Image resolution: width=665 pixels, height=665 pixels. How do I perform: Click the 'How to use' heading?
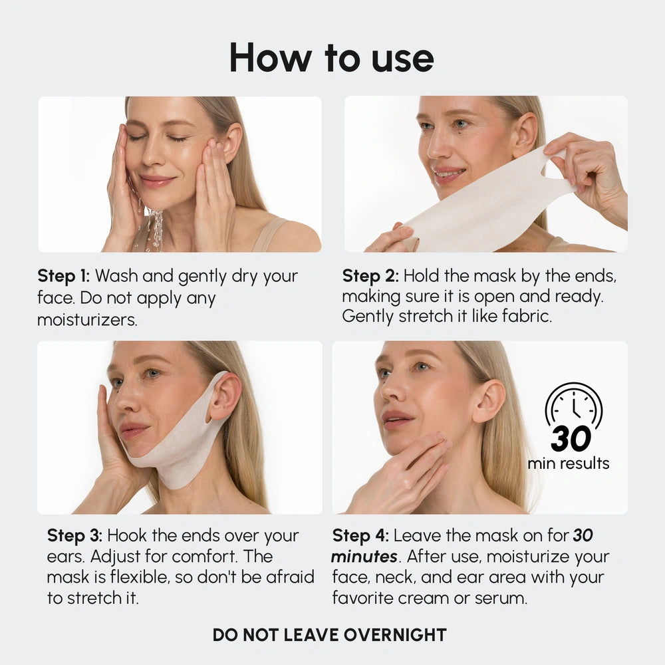[x=331, y=58]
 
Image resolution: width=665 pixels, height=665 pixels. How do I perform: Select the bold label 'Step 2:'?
[x=370, y=276]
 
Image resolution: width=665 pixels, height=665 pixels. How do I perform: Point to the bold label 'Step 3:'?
[x=74, y=536]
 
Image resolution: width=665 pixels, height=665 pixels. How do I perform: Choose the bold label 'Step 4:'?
[x=360, y=536]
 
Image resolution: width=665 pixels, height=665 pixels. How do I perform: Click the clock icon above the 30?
[x=573, y=406]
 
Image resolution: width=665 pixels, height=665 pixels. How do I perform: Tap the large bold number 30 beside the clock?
[x=571, y=439]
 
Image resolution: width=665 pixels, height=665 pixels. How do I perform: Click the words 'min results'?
[x=569, y=464]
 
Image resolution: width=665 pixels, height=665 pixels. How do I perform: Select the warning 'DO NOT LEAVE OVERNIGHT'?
[x=329, y=634]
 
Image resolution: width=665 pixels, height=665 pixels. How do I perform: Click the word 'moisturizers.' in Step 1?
[x=87, y=320]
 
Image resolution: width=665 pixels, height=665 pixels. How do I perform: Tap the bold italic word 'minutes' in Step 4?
[x=364, y=557]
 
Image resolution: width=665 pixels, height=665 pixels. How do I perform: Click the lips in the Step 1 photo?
[x=157, y=180]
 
